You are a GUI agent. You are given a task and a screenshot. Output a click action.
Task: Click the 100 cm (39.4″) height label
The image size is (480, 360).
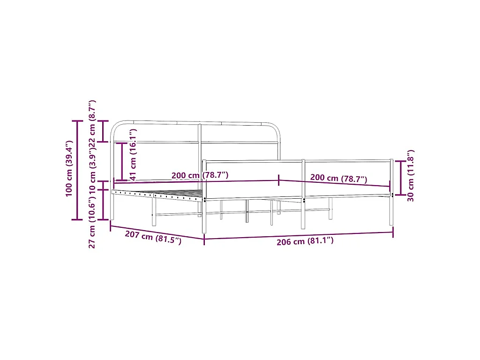tap(69, 168)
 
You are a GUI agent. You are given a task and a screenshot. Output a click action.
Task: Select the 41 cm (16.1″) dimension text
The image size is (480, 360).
tap(133, 154)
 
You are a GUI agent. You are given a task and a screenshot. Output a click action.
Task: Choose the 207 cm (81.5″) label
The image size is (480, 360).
tap(153, 237)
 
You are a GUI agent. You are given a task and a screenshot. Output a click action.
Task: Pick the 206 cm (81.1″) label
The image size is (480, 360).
tap(305, 241)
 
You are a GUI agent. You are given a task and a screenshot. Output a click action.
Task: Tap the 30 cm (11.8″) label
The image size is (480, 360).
tap(411, 175)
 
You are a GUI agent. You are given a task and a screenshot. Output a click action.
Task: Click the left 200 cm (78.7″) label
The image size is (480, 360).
tap(200, 175)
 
